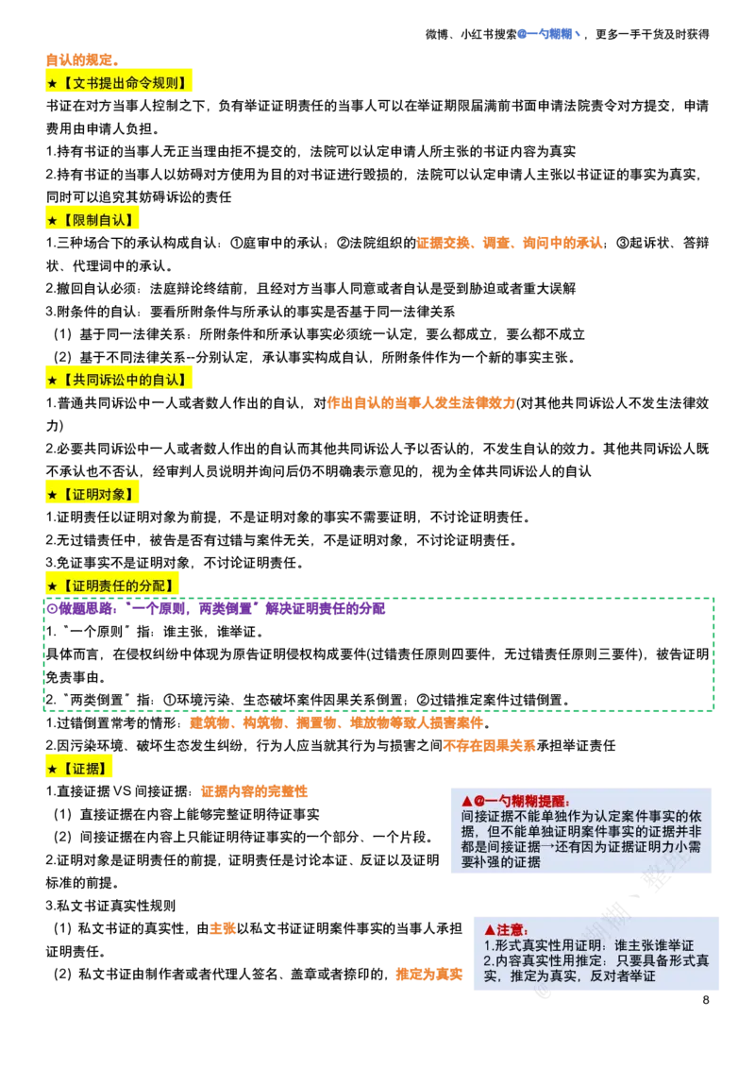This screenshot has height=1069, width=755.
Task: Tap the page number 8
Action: pyautogui.click(x=706, y=999)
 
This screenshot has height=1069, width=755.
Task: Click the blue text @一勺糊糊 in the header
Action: pyautogui.click(x=548, y=33)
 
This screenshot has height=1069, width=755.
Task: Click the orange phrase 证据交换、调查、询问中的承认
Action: pyautogui.click(x=510, y=243)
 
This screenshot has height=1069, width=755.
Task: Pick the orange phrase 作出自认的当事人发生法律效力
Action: pyautogui.click(x=421, y=403)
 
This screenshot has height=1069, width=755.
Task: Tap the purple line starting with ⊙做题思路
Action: pyautogui.click(x=215, y=609)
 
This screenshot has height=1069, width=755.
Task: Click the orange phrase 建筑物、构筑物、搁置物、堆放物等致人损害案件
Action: pyautogui.click(x=337, y=722)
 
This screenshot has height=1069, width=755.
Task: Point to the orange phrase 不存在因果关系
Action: pyautogui.click(x=489, y=746)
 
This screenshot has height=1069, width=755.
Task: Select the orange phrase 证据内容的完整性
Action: pyautogui.click(x=254, y=791)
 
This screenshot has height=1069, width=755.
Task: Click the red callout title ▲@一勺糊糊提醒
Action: pyautogui.click(x=515, y=801)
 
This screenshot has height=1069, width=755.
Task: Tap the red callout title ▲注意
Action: pyautogui.click(x=506, y=929)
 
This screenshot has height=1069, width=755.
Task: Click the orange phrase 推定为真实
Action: pyautogui.click(x=428, y=975)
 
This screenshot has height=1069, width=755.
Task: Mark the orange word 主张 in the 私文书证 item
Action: pyautogui.click(x=222, y=928)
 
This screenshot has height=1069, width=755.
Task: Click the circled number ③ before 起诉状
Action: pyautogui.click(x=621, y=243)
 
